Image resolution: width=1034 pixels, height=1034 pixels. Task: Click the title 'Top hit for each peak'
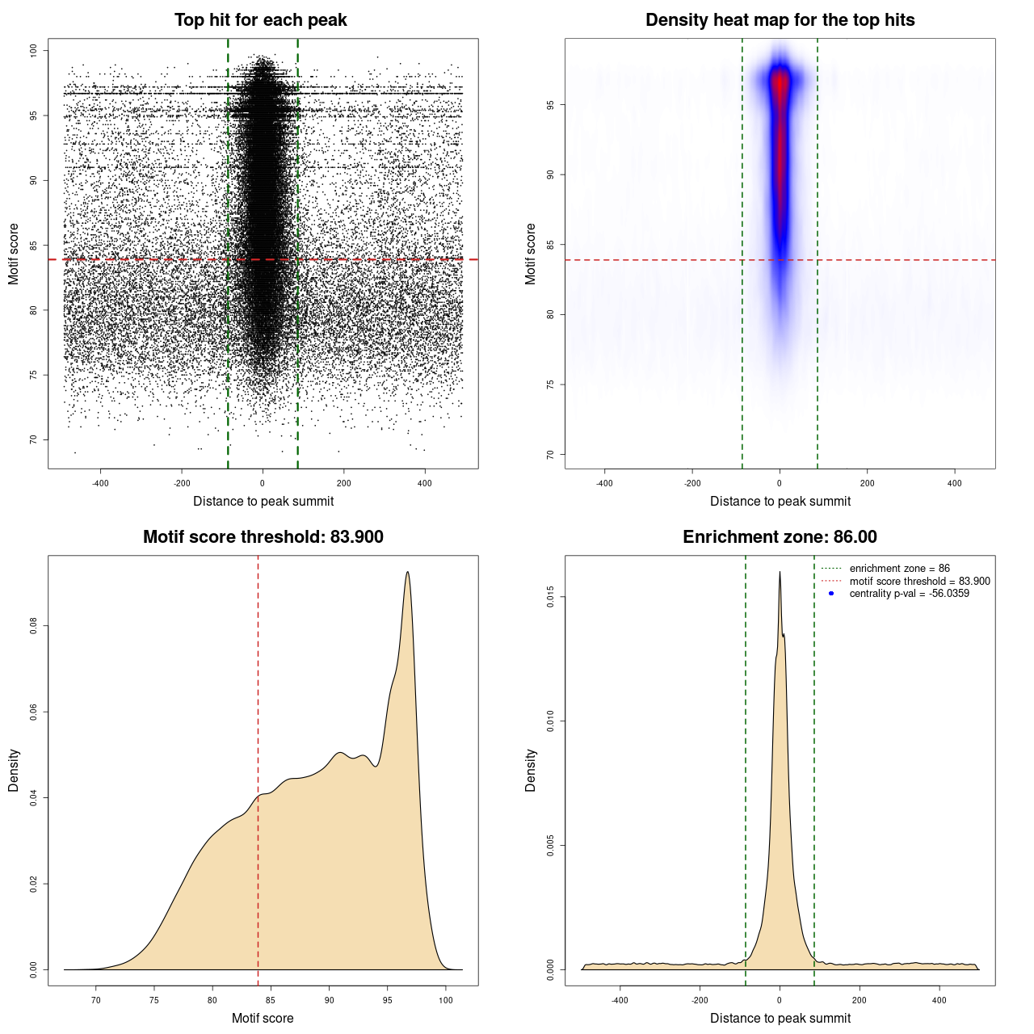point(260,20)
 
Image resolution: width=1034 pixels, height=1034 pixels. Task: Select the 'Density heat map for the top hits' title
point(780,20)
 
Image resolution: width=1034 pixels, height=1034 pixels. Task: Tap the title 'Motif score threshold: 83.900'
point(263,537)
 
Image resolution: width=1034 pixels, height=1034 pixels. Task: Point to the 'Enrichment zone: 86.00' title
point(780,537)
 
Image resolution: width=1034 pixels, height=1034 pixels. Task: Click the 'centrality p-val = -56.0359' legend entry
point(909,594)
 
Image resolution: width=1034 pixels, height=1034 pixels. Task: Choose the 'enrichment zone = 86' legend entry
point(899,569)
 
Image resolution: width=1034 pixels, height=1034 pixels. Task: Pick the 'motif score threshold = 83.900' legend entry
point(919,582)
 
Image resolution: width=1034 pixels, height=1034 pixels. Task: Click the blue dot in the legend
point(831,594)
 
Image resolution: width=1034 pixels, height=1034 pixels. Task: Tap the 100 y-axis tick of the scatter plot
point(34,51)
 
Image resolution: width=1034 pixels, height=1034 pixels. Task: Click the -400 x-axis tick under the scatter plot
point(100,483)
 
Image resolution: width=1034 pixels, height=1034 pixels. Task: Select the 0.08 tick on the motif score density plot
point(34,626)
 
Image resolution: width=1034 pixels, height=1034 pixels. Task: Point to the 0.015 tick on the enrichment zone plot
point(551,598)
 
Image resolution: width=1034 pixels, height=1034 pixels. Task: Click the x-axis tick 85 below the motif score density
point(271,1000)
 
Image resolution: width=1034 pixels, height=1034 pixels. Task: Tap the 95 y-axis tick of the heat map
point(551,105)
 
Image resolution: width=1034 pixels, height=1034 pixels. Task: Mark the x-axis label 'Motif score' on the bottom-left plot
point(263,1018)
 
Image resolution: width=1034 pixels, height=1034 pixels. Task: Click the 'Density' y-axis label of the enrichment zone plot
point(531,770)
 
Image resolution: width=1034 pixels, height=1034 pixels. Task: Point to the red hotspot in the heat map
point(780,89)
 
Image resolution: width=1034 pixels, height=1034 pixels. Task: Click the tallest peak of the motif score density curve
point(408,573)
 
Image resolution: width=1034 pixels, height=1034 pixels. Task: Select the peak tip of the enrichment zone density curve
point(780,573)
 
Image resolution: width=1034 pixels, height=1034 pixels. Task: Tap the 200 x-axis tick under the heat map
point(867,483)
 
